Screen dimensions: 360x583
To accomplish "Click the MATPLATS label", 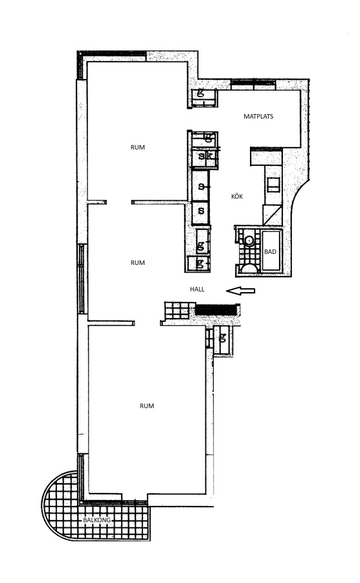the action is pos(258,117).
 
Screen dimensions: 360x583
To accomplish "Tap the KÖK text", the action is pos(237,196).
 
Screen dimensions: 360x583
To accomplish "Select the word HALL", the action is pos(197,289).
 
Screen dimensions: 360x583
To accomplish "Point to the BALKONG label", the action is pos(97,520).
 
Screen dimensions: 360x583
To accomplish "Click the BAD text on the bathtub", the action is pos(270,252).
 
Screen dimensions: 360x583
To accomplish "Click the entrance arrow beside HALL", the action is pos(241,291).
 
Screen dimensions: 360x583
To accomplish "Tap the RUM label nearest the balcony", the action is pos(147,406).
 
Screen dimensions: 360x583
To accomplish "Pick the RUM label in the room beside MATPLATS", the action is pos(137,147).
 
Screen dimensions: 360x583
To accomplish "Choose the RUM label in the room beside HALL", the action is pos(137,262).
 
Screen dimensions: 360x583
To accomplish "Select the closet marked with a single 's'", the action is pos(201,212).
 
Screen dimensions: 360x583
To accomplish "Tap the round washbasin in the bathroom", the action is pos(249,240).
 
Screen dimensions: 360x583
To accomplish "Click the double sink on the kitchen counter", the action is pos(273,185).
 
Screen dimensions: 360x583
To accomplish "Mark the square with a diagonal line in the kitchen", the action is pos(273,214).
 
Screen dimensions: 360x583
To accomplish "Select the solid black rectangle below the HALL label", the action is pos(216,310).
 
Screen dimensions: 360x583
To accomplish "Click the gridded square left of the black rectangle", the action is pos(177,310).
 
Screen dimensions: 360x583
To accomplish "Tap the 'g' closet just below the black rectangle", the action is pos(223,339).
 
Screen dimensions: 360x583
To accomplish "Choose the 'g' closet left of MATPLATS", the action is pos(203,98).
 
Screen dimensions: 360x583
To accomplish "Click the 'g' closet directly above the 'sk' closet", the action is pos(205,139).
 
